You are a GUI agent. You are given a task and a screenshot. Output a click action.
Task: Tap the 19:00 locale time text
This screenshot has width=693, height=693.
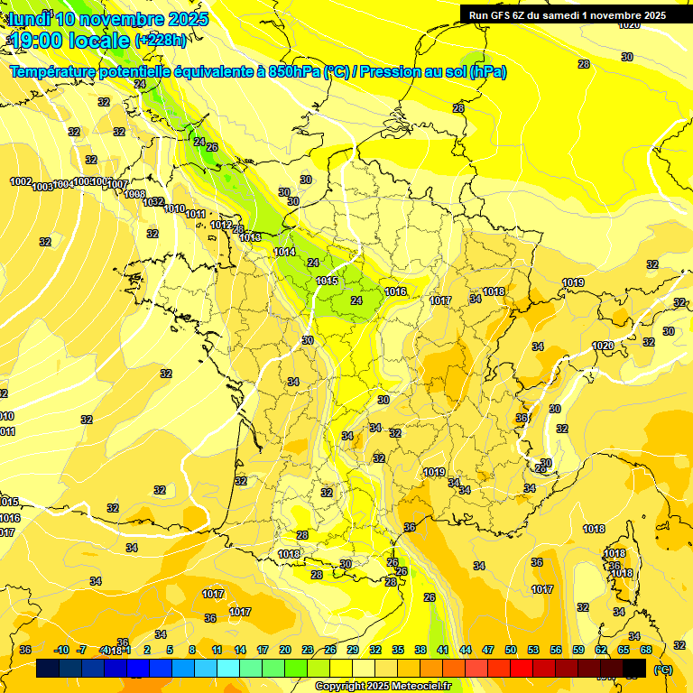tap(69, 40)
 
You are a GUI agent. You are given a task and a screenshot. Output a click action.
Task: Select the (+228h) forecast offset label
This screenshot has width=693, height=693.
tap(162, 41)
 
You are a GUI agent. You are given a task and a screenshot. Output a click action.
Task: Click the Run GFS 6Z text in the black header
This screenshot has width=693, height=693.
tap(502, 15)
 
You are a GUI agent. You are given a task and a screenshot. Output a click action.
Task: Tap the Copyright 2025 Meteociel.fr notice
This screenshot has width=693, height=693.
tap(383, 687)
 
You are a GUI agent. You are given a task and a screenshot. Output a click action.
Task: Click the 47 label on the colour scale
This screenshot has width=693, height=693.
tap(488, 650)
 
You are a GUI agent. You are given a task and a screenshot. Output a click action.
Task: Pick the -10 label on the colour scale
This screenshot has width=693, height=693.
tap(61, 650)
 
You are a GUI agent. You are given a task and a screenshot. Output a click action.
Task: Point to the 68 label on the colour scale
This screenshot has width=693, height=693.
tap(645, 650)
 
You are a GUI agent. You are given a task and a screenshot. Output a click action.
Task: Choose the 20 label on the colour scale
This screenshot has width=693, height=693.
tap(285, 650)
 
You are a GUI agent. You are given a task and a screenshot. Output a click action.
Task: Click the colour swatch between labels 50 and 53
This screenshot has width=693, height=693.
tap(522, 669)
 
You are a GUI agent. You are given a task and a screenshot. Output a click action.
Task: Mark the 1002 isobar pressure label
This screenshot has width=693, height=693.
tap(21, 181)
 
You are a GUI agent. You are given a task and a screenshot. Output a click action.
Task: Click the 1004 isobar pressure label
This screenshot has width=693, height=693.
tap(63, 184)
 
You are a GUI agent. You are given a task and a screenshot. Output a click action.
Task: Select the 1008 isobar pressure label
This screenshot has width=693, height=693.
tap(134, 194)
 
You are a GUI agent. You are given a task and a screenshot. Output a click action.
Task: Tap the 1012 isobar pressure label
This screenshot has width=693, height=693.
tap(221, 225)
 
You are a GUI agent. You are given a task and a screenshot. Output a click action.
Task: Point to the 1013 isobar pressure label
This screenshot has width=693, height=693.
tap(251, 237)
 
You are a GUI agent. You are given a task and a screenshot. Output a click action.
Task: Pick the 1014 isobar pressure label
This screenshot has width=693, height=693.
tap(285, 252)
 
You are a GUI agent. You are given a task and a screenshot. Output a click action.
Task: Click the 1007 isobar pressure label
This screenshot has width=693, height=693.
tap(118, 184)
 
